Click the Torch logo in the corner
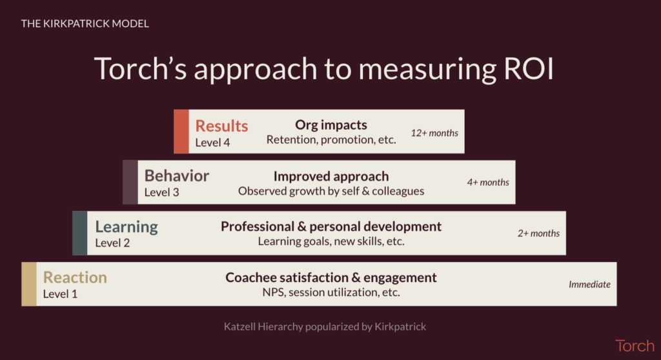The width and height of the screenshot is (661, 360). point(635,346)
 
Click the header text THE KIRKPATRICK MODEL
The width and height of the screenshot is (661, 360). point(85,24)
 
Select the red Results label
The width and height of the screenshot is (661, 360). point(221,126)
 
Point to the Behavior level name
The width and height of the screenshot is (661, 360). point(177,175)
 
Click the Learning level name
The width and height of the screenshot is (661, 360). point(127,227)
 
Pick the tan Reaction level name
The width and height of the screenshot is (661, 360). point(75,277)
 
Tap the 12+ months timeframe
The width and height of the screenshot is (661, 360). point(434,133)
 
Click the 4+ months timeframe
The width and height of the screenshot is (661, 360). point(488,182)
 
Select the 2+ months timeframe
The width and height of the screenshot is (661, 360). point(538,233)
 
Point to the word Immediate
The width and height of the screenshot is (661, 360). point(589,284)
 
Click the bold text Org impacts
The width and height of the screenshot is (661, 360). point(331,125)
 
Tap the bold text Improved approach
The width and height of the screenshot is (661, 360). point(331,176)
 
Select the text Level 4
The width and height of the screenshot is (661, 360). point(212,143)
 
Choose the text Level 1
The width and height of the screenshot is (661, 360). point(60,294)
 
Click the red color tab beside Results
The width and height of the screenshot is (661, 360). point(181,132)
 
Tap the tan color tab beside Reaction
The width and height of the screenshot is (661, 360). point(29,284)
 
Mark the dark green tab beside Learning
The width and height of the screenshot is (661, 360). point(79,233)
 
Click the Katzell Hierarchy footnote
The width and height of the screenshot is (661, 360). point(325,326)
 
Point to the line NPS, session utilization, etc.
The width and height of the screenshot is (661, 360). point(331,292)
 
